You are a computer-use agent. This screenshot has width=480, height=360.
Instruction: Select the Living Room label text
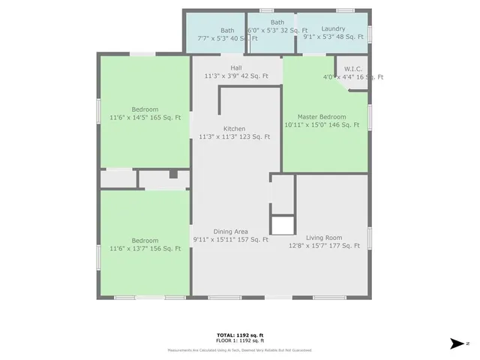coord(324,238)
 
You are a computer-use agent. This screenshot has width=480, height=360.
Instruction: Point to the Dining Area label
coord(230,232)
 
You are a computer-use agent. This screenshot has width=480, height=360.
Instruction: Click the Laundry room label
coord(333,28)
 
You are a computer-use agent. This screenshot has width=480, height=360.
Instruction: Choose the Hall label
coord(235,67)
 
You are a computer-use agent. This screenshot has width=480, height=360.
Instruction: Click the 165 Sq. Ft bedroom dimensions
coord(145,118)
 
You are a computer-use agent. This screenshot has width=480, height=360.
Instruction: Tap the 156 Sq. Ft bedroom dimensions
coord(145,249)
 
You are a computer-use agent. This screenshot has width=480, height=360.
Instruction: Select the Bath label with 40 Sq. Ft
coord(226,39)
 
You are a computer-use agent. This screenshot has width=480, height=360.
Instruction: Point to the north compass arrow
coord(457,343)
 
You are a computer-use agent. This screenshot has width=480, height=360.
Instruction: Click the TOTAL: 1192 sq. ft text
coord(240,334)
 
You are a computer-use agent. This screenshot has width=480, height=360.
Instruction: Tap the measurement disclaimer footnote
coord(240,350)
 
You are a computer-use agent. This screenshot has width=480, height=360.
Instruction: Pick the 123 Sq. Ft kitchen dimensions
coord(234,137)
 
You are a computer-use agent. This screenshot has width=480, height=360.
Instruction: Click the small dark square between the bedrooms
coord(173,174)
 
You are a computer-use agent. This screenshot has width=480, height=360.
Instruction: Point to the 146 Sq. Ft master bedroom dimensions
coord(325,125)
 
